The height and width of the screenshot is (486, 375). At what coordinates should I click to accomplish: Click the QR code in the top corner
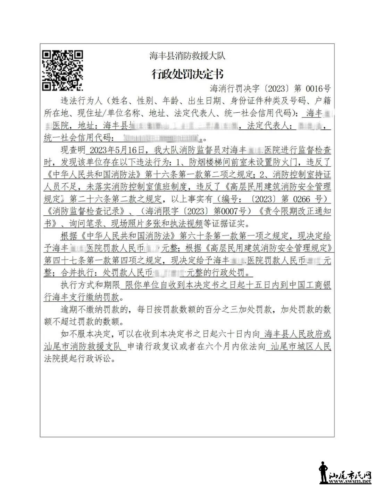click(x=62, y=70)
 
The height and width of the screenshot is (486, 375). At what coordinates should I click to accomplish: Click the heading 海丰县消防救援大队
click(x=187, y=56)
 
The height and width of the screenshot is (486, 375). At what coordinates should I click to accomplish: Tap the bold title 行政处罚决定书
click(x=187, y=74)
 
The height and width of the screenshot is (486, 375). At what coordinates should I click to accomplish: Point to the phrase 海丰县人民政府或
click(x=297, y=334)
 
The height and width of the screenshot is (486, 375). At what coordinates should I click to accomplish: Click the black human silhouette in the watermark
click(x=323, y=473)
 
